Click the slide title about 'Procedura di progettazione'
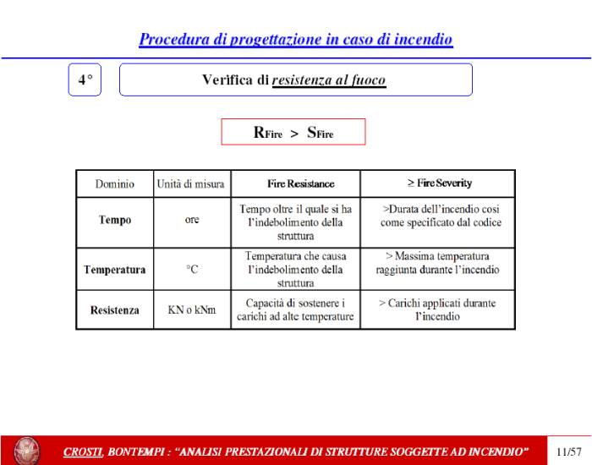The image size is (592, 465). (296, 39)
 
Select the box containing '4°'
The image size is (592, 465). (84, 79)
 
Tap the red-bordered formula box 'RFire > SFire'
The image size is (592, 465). (293, 132)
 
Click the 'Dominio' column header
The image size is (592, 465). (114, 183)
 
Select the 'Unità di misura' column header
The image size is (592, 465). (190, 183)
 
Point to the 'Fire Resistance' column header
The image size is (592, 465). (294, 183)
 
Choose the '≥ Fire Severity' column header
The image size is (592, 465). (439, 183)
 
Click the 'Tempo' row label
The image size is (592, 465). (114, 220)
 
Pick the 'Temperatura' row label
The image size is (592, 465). (114, 271)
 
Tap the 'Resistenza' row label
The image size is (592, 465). (114, 310)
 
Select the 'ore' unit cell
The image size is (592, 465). (191, 220)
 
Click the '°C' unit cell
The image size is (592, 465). (191, 271)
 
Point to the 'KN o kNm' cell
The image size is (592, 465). (191, 310)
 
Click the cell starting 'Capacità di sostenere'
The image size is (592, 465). (294, 310)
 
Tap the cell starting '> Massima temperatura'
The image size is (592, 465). (439, 263)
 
